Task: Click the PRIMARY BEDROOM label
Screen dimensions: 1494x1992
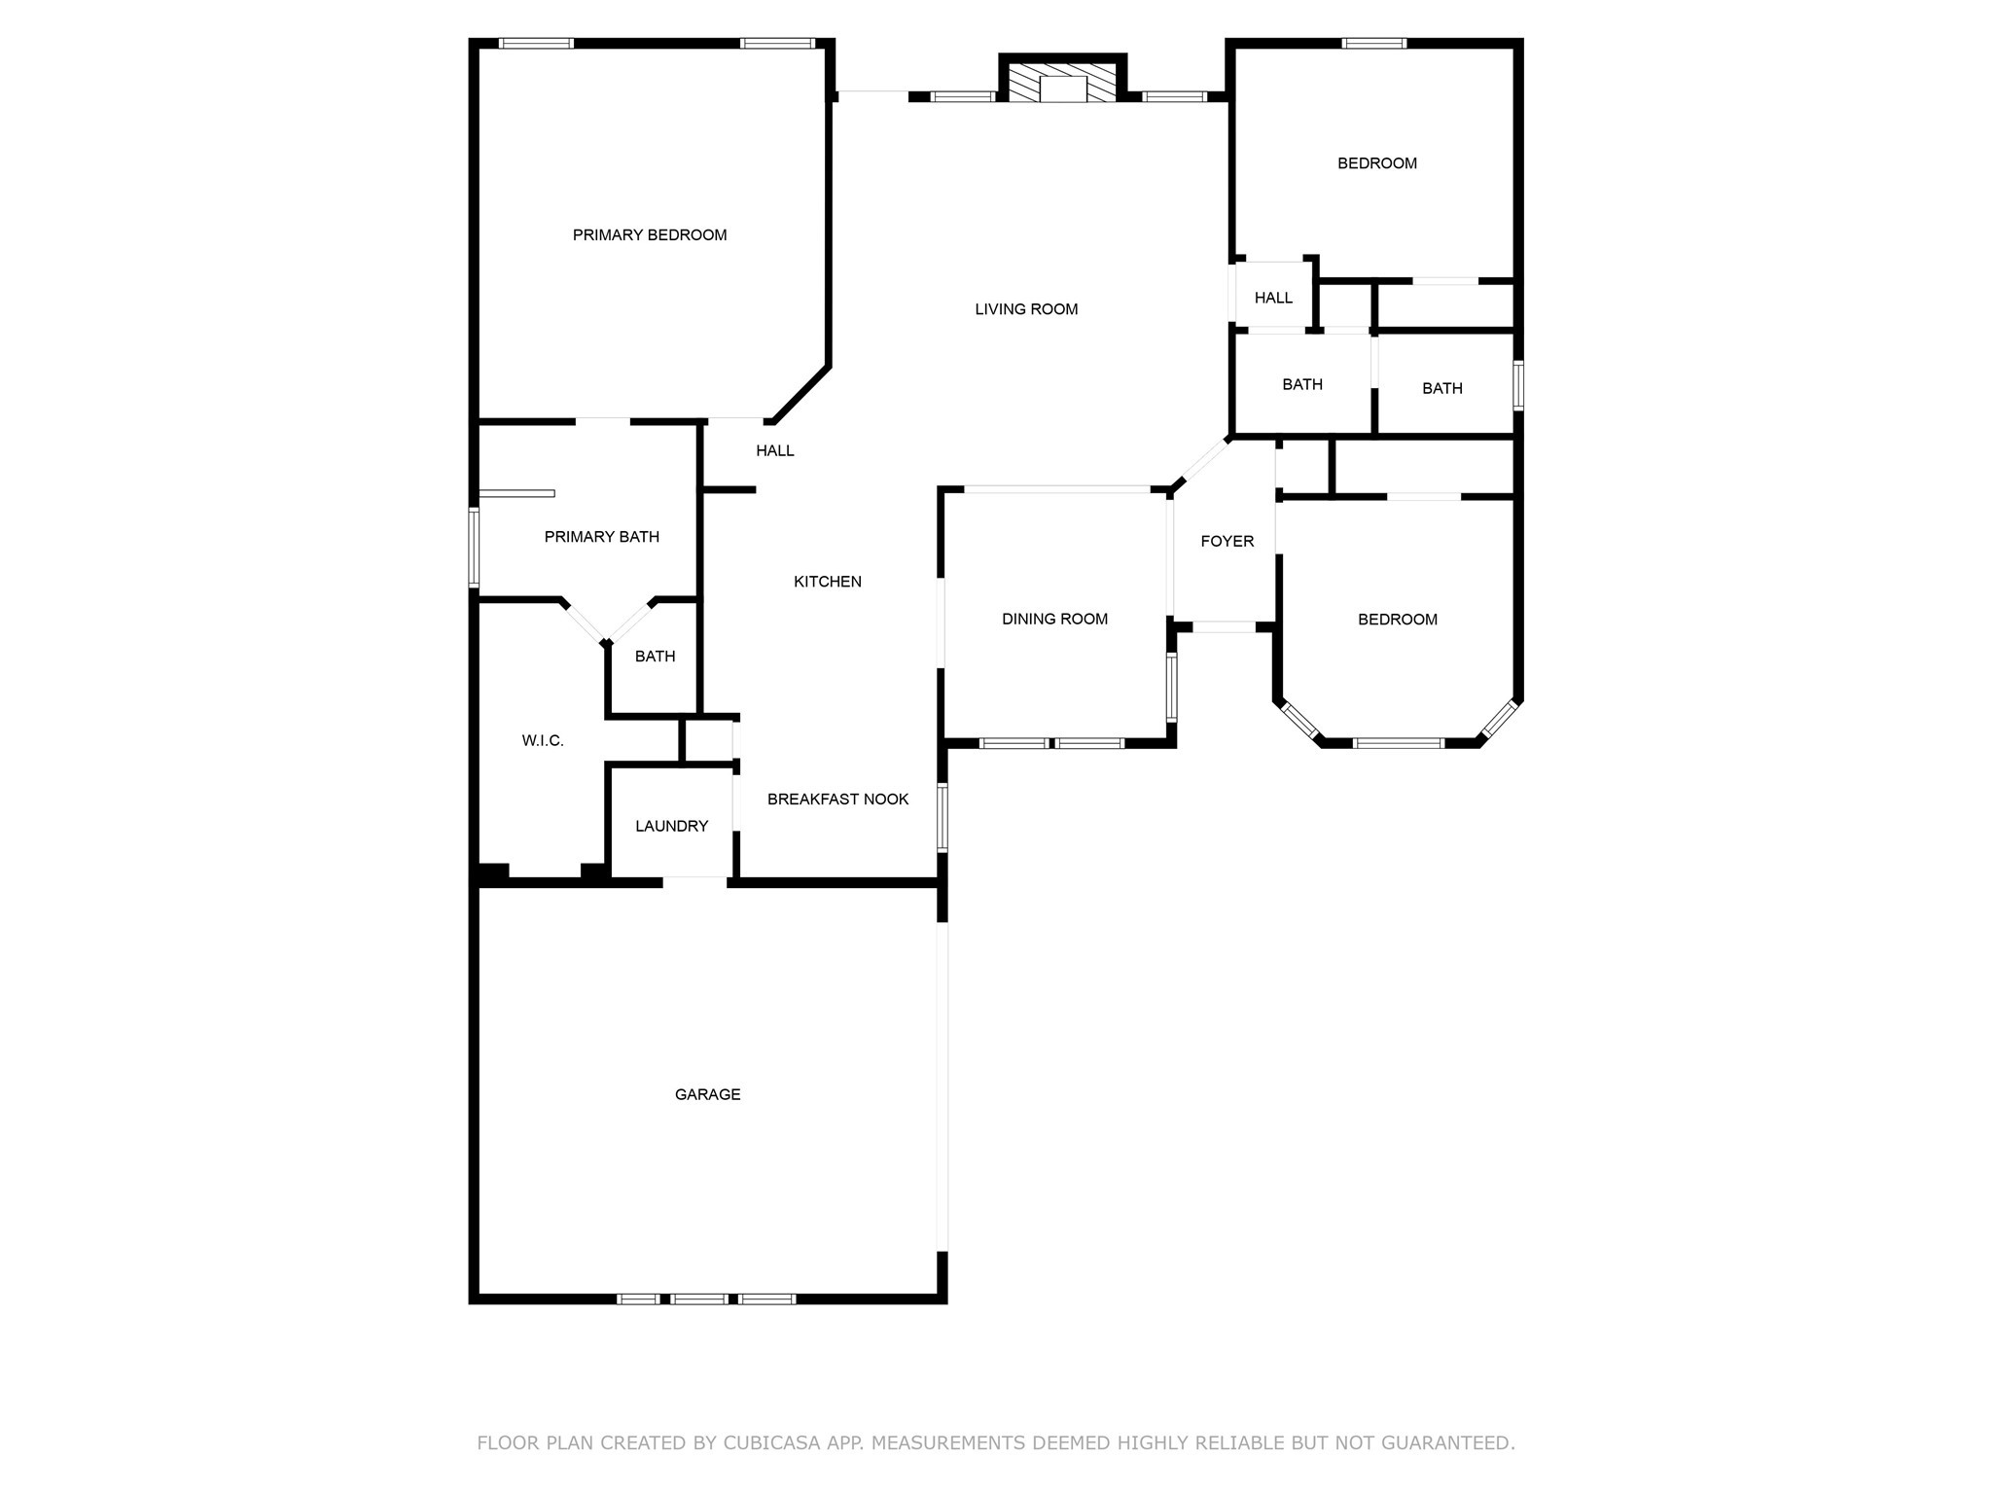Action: (650, 234)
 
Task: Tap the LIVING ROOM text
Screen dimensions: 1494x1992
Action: (1026, 309)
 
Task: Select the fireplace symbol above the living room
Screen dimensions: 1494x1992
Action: (1062, 85)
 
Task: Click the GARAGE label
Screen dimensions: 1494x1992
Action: (707, 1094)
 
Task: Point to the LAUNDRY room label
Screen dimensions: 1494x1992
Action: (671, 826)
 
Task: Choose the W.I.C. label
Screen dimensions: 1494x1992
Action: (542, 740)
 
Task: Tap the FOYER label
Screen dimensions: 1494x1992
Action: (1227, 541)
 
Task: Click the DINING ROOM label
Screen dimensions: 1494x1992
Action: (1054, 619)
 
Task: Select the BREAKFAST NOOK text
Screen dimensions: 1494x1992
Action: (837, 799)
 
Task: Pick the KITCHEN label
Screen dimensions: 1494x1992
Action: (827, 582)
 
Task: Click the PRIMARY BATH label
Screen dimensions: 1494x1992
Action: (601, 537)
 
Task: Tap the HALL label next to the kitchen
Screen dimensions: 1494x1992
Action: (774, 450)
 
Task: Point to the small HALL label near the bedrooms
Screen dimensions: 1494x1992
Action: (1272, 298)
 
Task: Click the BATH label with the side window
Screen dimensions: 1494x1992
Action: (1441, 388)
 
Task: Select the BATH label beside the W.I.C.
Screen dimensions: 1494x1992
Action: (655, 657)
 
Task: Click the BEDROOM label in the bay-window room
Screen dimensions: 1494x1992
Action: (1397, 620)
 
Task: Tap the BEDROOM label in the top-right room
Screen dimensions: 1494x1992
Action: (1376, 163)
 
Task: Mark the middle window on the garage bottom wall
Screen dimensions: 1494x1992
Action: (698, 1298)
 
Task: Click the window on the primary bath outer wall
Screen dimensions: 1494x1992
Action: (474, 548)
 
